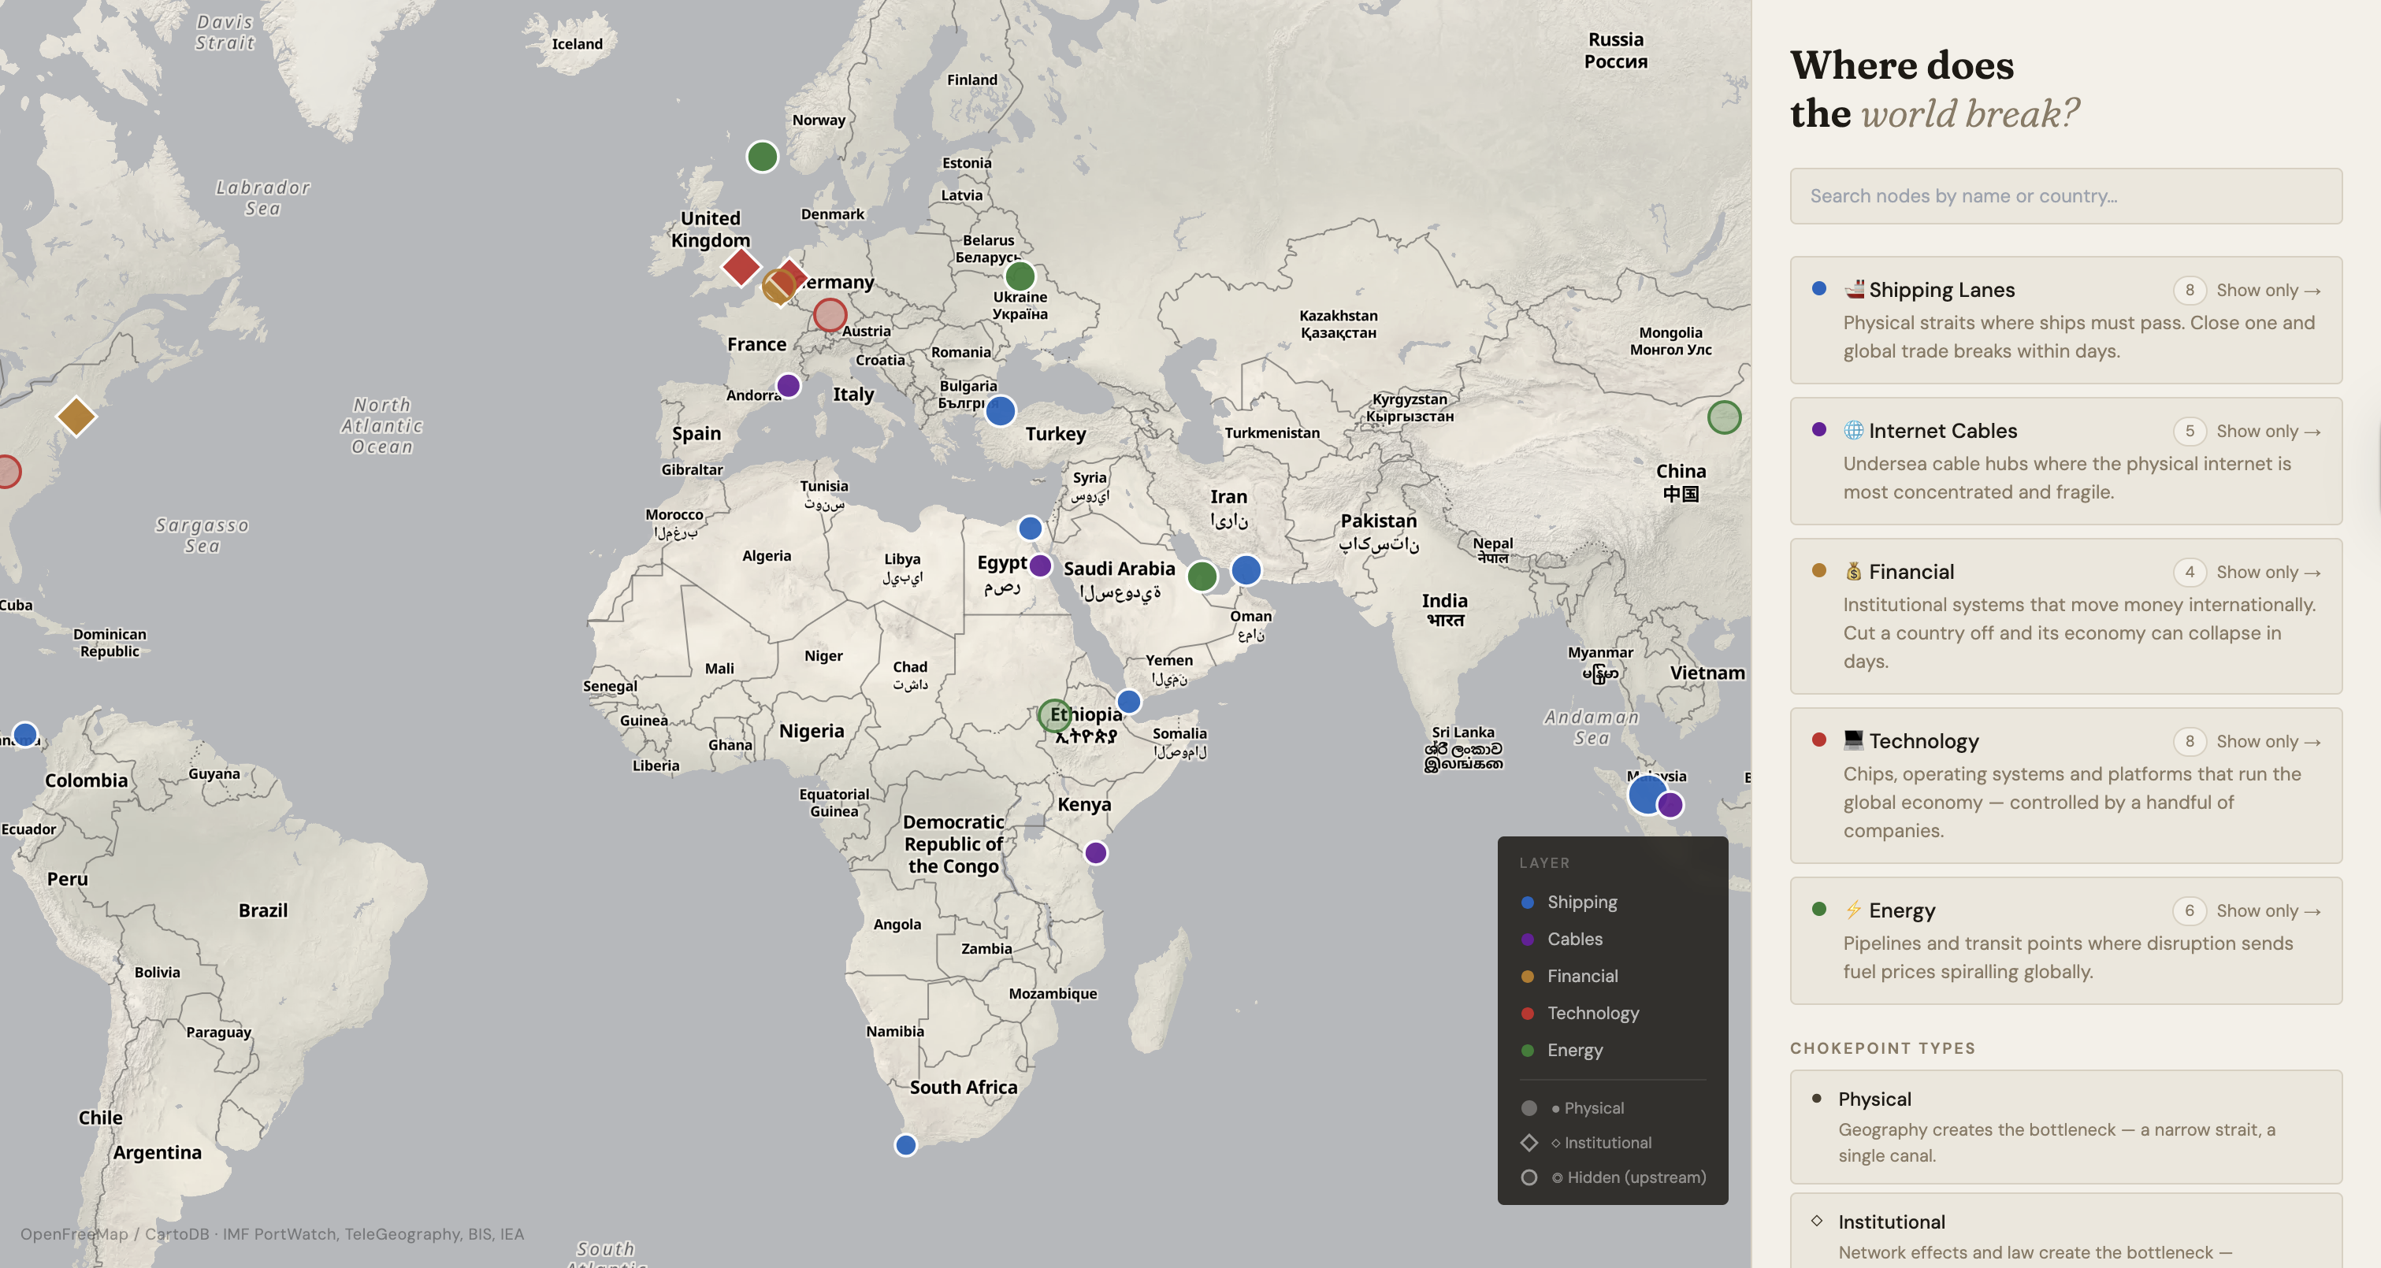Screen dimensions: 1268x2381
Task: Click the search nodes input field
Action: pyautogui.click(x=2065, y=196)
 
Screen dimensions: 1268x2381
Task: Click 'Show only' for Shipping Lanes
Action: pyautogui.click(x=2268, y=290)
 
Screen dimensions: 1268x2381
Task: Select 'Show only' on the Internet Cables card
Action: pyautogui.click(x=2268, y=432)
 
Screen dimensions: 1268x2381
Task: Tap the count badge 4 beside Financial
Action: pyautogui.click(x=2189, y=572)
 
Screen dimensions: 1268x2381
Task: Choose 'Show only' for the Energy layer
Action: pyautogui.click(x=2268, y=911)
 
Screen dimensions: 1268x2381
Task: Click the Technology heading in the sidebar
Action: pyautogui.click(x=1922, y=741)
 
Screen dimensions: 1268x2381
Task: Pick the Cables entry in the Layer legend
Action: pyautogui.click(x=1574, y=939)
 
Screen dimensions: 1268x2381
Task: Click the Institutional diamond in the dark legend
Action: pyautogui.click(x=1529, y=1144)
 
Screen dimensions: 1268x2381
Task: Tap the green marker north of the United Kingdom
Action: pyautogui.click(x=762, y=157)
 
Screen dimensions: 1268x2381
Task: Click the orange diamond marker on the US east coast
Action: pyautogui.click(x=76, y=417)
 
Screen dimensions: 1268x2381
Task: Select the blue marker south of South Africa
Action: pyautogui.click(x=905, y=1146)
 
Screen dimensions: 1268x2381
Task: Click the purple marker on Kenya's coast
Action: pyautogui.click(x=1095, y=853)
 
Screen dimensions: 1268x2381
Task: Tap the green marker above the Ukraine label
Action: pyautogui.click(x=1020, y=276)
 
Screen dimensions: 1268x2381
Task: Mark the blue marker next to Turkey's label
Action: pyautogui.click(x=1000, y=411)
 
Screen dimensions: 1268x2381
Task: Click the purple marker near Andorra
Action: pyautogui.click(x=788, y=385)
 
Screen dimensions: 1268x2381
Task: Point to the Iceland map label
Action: pyautogui.click(x=577, y=44)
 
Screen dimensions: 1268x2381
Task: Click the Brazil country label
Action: pyautogui.click(x=262, y=910)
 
